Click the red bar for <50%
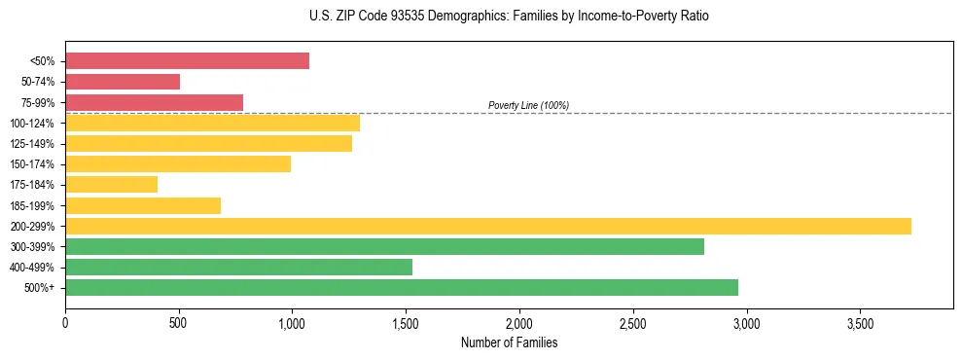coord(187,61)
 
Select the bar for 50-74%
coord(123,82)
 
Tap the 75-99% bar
coord(154,102)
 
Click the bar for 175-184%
coord(111,185)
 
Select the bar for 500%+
coord(401,287)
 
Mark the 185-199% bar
coord(143,205)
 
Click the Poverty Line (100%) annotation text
coord(528,105)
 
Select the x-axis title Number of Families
coord(509,342)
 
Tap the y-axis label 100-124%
coord(32,124)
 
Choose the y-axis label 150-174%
coord(32,164)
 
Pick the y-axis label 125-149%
coord(32,144)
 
